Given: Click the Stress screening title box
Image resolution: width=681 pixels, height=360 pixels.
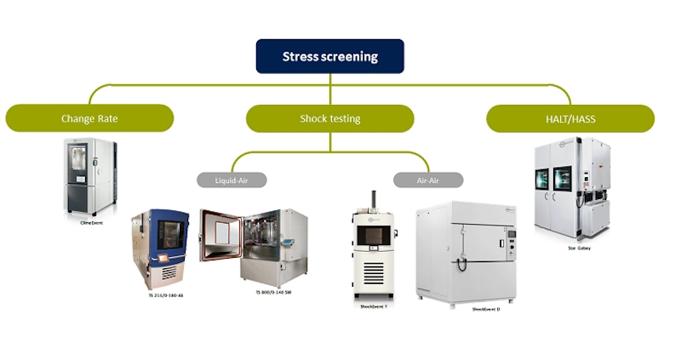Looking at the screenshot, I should click(x=330, y=57).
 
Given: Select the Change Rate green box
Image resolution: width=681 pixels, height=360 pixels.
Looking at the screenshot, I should click(x=89, y=118).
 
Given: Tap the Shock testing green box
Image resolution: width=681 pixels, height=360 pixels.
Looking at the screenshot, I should click(x=330, y=118).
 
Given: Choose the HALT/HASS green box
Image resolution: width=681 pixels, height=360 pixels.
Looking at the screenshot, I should click(x=570, y=118).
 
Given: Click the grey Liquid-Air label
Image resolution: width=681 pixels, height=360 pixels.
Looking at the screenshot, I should click(x=232, y=180).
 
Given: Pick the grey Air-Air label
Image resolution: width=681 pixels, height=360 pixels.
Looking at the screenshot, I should click(x=428, y=180).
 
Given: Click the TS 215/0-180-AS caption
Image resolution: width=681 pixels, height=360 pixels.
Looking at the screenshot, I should click(x=166, y=294).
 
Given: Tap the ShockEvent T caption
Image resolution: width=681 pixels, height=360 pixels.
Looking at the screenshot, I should click(x=374, y=306).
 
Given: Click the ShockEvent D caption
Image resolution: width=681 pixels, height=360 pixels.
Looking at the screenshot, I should click(x=486, y=309).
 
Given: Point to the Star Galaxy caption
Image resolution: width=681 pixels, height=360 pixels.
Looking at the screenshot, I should click(x=578, y=249).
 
